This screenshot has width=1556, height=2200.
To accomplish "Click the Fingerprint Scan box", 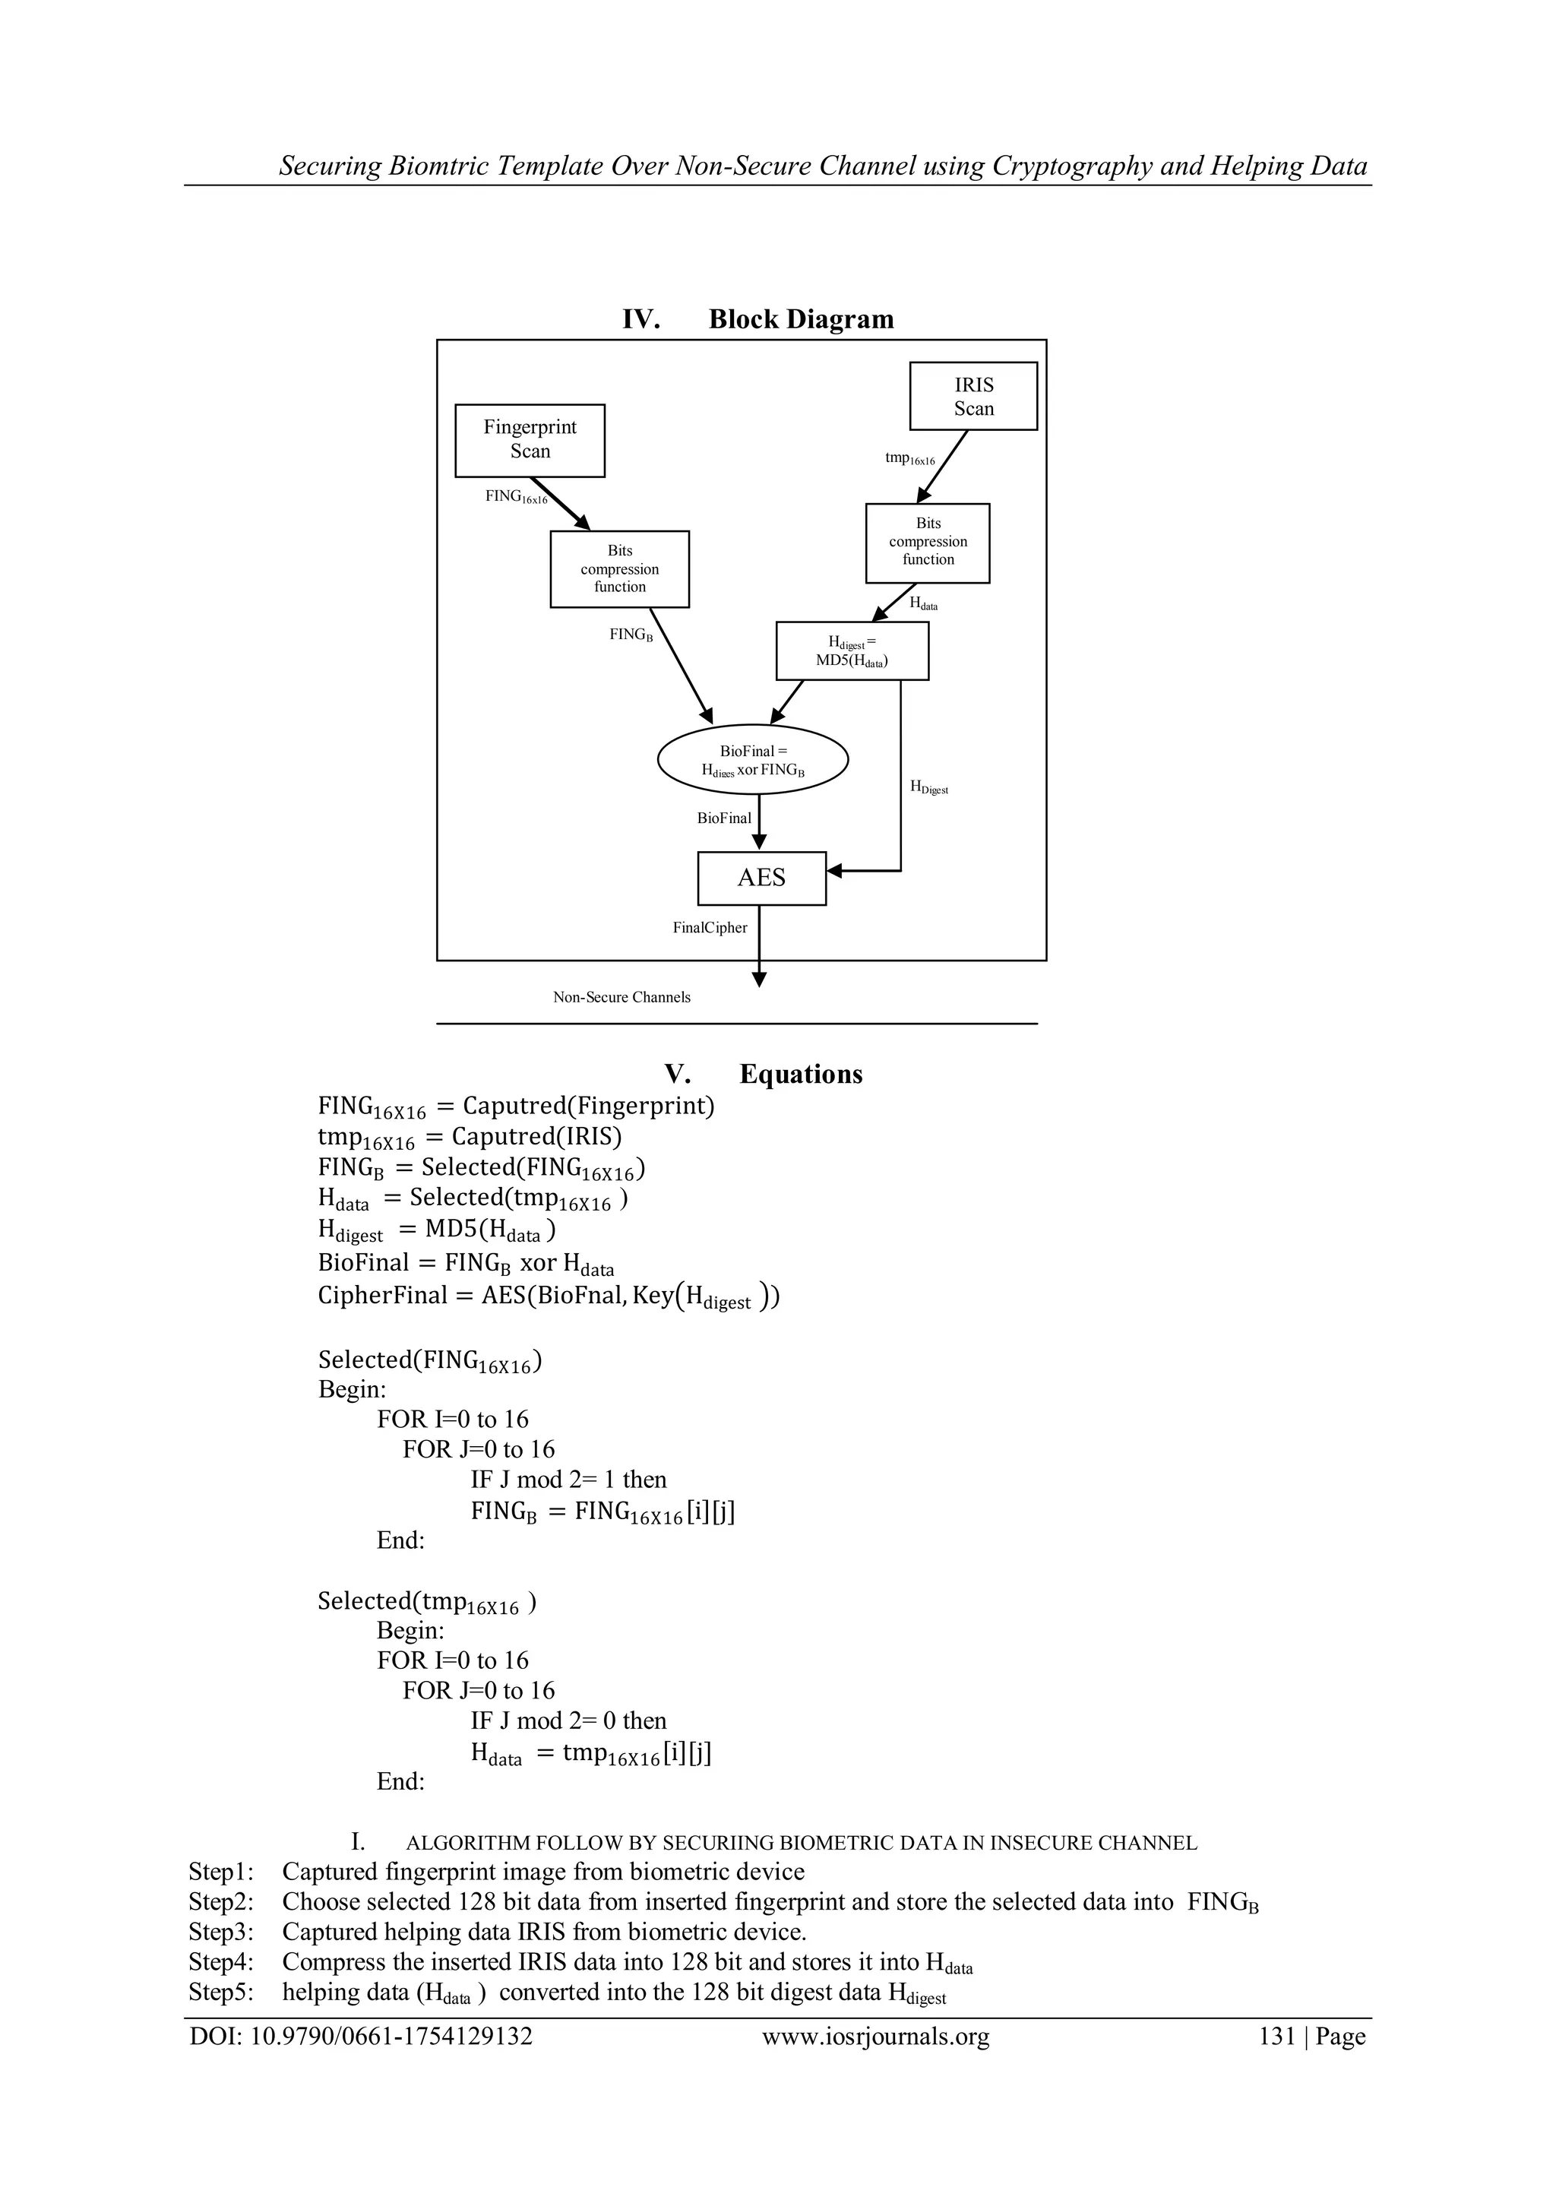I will coord(530,440).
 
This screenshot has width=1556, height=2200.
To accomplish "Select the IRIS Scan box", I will coord(972,396).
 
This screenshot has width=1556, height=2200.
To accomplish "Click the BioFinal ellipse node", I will coord(752,760).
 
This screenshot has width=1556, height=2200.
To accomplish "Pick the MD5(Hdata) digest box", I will coord(851,651).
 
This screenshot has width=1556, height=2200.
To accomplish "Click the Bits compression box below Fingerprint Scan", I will coord(619,569).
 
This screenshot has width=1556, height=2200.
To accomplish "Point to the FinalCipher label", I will coord(709,928).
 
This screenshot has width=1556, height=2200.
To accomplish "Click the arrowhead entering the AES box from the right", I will coord(833,871).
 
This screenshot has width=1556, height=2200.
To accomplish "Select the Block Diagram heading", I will coord(800,319).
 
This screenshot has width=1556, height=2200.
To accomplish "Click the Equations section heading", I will coord(800,1074).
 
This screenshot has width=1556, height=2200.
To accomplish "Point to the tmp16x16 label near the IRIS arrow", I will coord(909,459).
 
